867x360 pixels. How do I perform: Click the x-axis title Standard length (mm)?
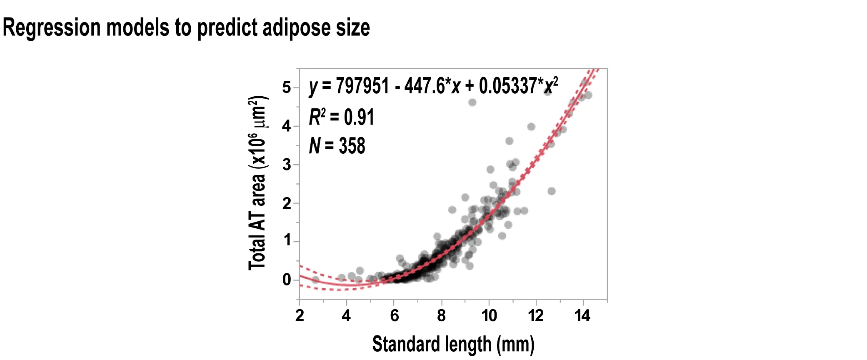453,344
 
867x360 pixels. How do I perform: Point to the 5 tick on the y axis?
286,87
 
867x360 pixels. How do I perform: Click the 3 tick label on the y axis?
286,165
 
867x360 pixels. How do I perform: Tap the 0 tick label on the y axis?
286,280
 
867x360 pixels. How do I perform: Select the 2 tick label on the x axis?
300,316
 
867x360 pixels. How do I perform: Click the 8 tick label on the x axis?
441,316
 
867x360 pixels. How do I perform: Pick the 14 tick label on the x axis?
582,316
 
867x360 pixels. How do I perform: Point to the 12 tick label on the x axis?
536,316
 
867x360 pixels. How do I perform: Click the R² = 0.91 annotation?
341,117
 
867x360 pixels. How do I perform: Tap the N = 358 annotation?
337,146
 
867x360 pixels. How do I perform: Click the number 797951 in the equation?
362,86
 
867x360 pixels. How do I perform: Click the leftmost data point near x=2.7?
315,279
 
